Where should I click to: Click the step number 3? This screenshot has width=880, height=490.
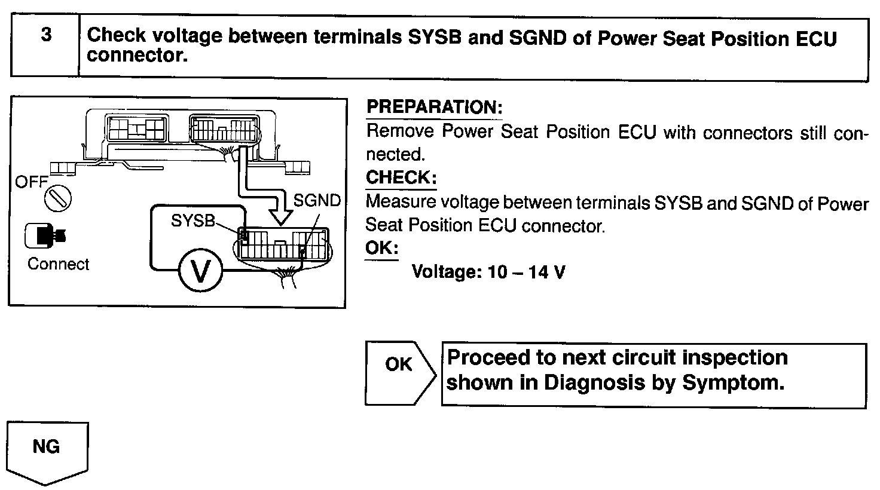point(45,36)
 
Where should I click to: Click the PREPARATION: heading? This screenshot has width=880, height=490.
point(434,108)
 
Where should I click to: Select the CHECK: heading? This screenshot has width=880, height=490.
point(401,177)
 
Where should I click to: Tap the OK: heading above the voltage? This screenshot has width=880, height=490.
point(382,248)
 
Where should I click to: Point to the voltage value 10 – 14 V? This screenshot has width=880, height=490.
point(526,272)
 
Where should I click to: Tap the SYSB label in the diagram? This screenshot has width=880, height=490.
point(192,221)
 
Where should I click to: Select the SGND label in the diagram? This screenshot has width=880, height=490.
point(317,201)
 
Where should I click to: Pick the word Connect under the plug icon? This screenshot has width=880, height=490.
point(58,264)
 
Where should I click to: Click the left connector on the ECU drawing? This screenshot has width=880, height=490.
point(137,128)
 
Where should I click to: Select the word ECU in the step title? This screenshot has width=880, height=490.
point(817,38)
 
